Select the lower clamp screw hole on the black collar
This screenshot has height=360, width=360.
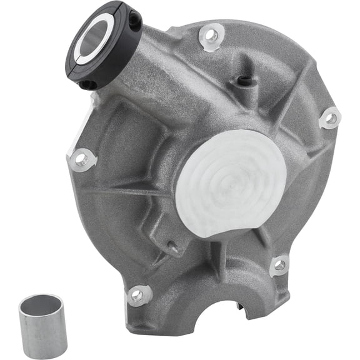91,84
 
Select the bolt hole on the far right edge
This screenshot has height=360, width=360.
331,117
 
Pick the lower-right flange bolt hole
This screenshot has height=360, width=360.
280,264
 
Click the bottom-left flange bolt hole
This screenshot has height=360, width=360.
137,294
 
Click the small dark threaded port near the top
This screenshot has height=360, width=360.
244,79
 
